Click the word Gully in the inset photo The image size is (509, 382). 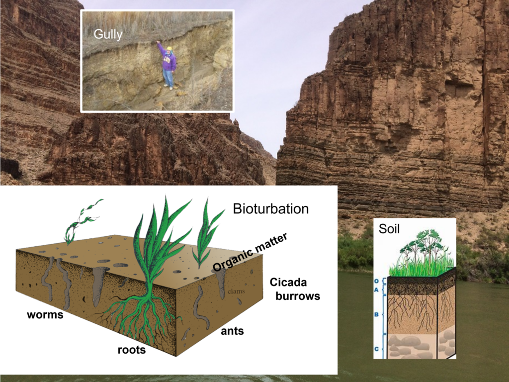pos(108,35)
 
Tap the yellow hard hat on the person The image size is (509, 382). pos(169,49)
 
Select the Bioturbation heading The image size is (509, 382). pos(270,209)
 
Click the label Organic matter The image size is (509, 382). pos(250,252)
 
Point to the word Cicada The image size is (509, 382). pos(288,283)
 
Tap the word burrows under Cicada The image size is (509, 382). pos(297,296)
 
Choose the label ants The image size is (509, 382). pos(232,330)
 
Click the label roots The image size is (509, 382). pos(131,350)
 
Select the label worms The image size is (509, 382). pos(45,315)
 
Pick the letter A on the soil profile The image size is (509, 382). pos(376,289)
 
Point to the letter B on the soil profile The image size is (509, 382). pos(376,314)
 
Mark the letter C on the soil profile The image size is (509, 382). pos(376,349)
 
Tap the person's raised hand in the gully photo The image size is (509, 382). pos(158,42)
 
